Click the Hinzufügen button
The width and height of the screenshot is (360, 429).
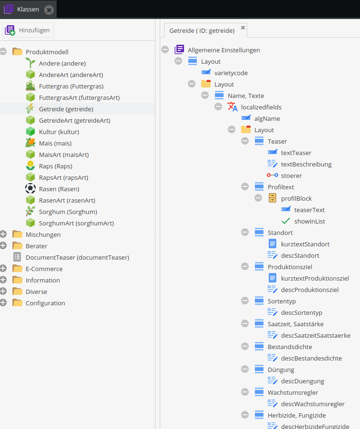[x=28, y=30]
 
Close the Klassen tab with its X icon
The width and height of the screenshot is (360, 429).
[x=49, y=10]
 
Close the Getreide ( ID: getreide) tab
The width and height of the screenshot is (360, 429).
[x=243, y=28]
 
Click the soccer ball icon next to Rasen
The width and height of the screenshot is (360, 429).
[x=30, y=189]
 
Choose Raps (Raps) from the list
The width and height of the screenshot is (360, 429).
[x=56, y=166]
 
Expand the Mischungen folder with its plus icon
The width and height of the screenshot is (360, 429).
[x=3, y=234]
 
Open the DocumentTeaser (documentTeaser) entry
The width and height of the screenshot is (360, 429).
[x=77, y=257]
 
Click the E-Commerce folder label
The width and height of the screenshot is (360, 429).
[x=44, y=269]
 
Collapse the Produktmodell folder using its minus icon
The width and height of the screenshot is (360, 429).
[x=3, y=52]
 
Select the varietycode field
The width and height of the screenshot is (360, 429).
[x=231, y=73]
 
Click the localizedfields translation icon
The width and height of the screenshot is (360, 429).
[x=233, y=107]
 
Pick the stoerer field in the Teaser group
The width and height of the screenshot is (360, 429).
[x=291, y=175]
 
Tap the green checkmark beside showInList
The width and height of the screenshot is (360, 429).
[x=286, y=221]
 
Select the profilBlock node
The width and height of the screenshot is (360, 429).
[x=296, y=198]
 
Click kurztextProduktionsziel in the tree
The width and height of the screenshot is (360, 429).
[x=315, y=278]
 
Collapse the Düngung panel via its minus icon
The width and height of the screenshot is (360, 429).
[x=245, y=370]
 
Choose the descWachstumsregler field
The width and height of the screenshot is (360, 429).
[x=312, y=404]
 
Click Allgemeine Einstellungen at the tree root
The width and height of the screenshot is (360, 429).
[x=224, y=50]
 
